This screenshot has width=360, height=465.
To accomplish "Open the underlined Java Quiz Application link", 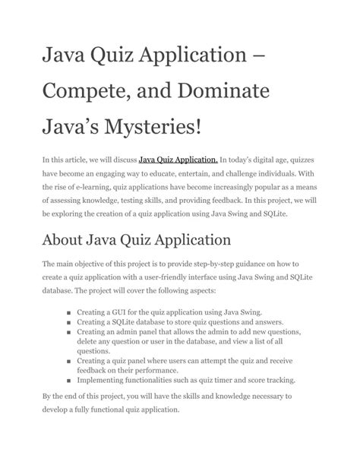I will click(178, 160).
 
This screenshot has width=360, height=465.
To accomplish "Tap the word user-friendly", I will click(176, 279).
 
